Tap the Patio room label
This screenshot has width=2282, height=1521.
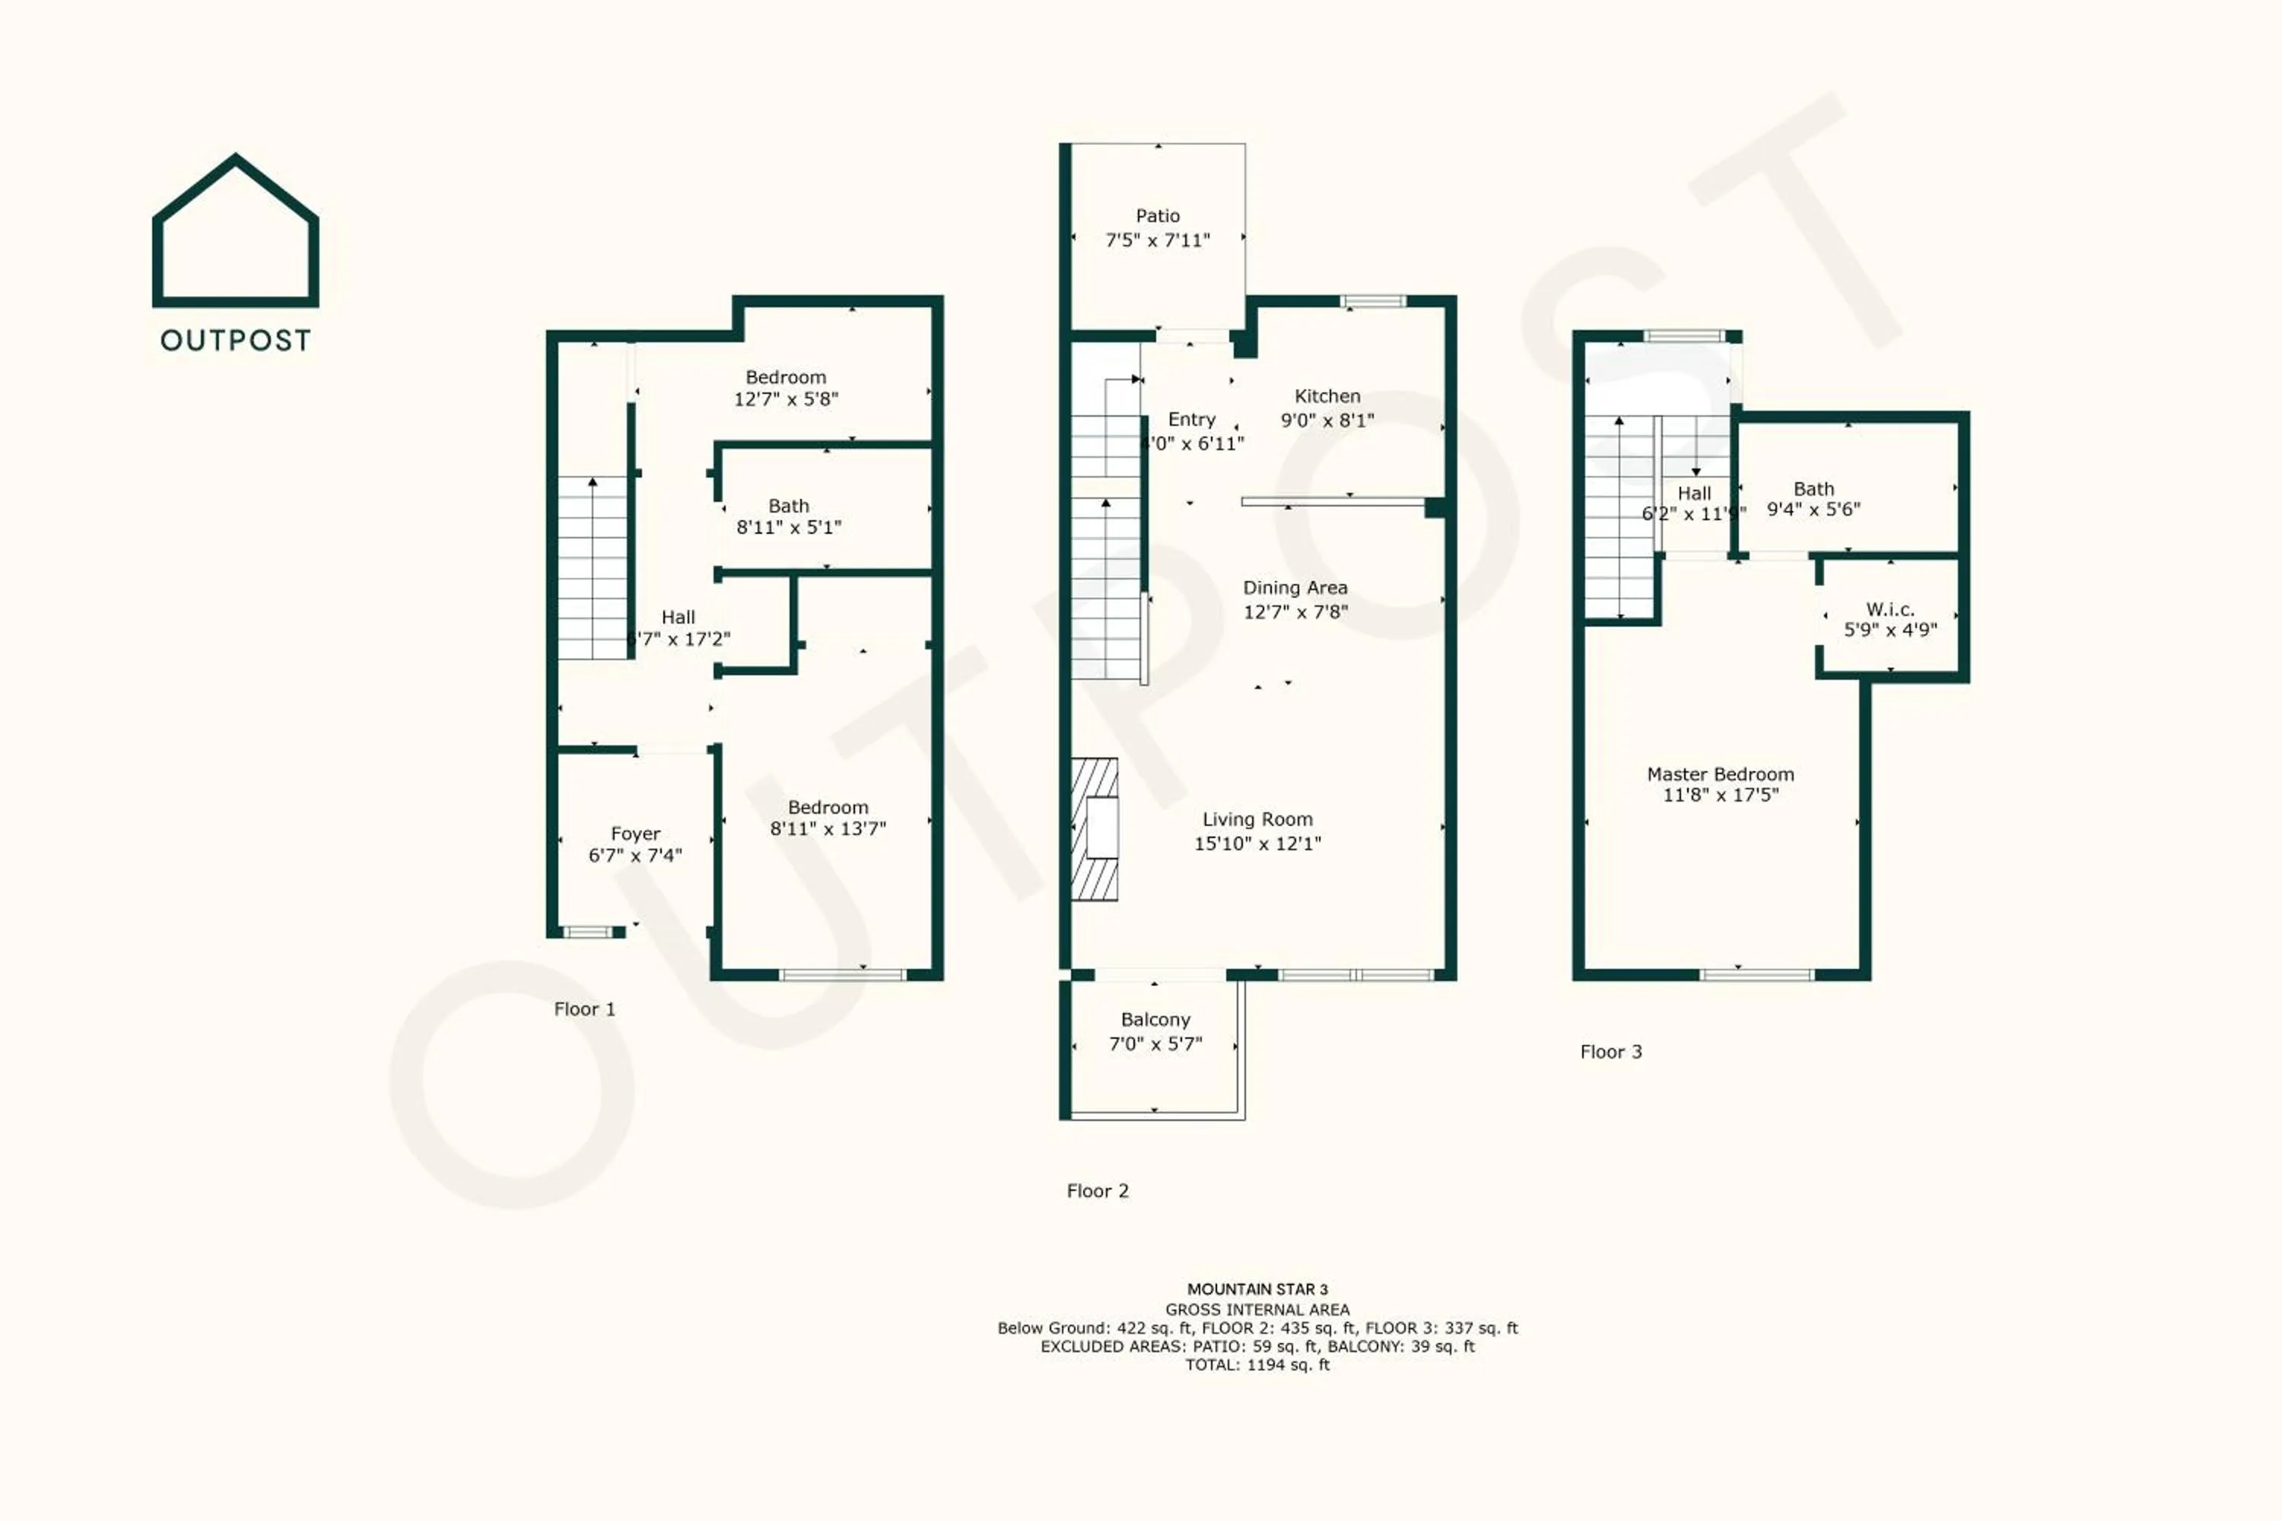click(x=1158, y=215)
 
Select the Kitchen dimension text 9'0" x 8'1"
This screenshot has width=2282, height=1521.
click(x=1327, y=420)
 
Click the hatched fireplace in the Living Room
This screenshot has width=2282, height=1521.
click(x=1095, y=830)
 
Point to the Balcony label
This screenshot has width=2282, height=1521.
click(x=1155, y=1020)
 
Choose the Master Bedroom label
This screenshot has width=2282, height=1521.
click(x=1720, y=774)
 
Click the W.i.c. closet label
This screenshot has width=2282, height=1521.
click(x=1890, y=609)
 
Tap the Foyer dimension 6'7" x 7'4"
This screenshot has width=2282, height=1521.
click(x=634, y=856)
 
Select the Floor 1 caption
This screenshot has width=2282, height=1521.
click(x=584, y=1009)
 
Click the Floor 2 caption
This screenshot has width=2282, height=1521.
click(x=1098, y=1190)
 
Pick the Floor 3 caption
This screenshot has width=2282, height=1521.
click(x=1610, y=1052)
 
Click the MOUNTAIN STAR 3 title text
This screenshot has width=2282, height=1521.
click(x=1257, y=1289)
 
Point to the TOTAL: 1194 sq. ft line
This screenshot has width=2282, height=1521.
click(x=1257, y=1365)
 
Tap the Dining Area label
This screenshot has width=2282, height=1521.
click(x=1295, y=588)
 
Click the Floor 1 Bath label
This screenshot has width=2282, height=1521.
click(x=788, y=506)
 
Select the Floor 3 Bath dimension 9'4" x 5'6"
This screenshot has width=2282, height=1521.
click(x=1813, y=510)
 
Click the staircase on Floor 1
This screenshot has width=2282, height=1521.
click(x=593, y=567)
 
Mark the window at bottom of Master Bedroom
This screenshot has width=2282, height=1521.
click(x=1756, y=975)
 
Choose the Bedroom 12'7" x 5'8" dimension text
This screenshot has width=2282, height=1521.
click(x=786, y=399)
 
